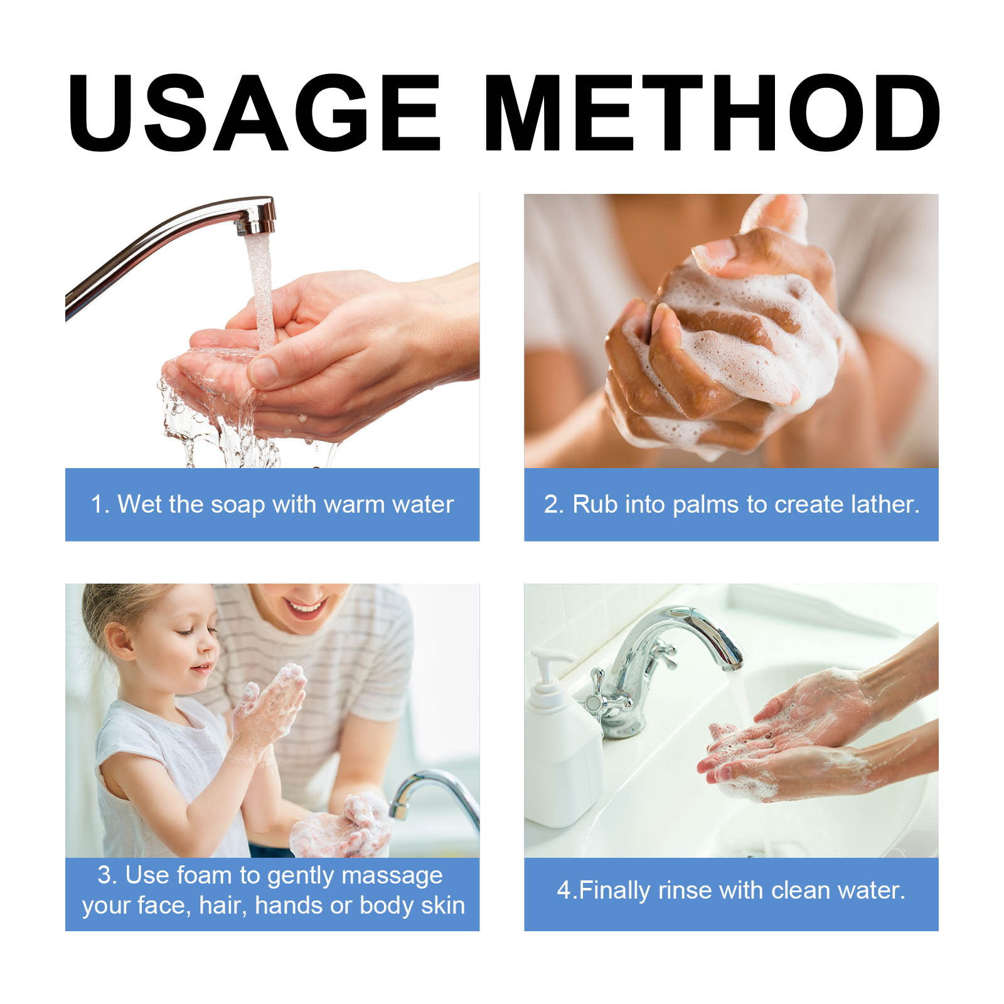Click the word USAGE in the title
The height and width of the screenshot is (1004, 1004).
click(x=254, y=113)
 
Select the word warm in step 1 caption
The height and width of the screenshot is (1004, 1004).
click(x=354, y=505)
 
